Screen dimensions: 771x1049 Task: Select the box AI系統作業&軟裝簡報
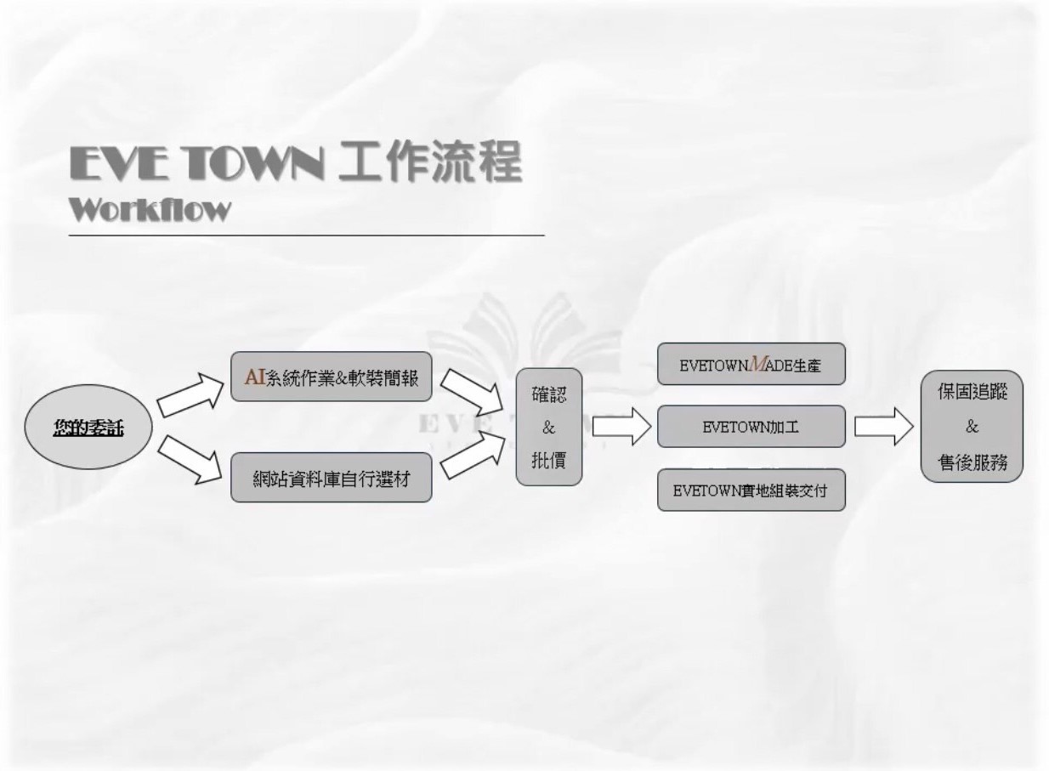(x=332, y=377)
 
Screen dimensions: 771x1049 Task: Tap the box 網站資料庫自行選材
(x=332, y=479)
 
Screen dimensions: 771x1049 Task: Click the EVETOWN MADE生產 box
(x=751, y=364)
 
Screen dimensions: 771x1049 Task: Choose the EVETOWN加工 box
(x=751, y=427)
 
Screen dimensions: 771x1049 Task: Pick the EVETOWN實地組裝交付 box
(x=751, y=490)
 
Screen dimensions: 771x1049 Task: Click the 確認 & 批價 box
(x=549, y=428)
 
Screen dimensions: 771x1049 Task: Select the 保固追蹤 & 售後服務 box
(x=972, y=427)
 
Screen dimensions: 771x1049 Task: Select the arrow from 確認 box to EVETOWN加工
(x=621, y=428)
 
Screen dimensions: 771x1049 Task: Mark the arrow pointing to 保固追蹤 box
(x=884, y=427)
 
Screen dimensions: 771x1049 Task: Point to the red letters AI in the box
(x=255, y=377)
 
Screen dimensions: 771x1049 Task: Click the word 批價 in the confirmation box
(x=549, y=460)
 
